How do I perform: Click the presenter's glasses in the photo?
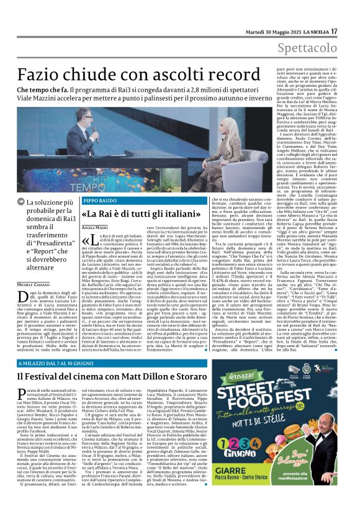(86, 115)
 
